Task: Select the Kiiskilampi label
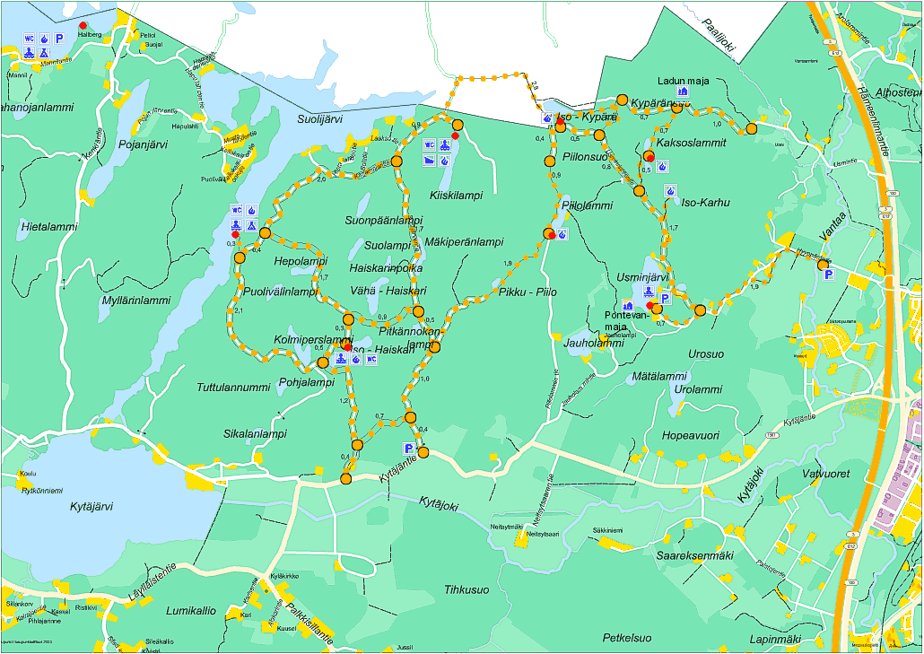[456, 195]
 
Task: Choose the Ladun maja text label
[683, 82]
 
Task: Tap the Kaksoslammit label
[692, 143]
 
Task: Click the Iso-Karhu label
[706, 203]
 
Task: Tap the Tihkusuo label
[466, 589]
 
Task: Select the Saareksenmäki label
[695, 555]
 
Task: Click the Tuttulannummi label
[233, 388]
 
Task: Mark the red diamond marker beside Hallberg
[83, 25]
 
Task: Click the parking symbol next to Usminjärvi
[665, 299]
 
